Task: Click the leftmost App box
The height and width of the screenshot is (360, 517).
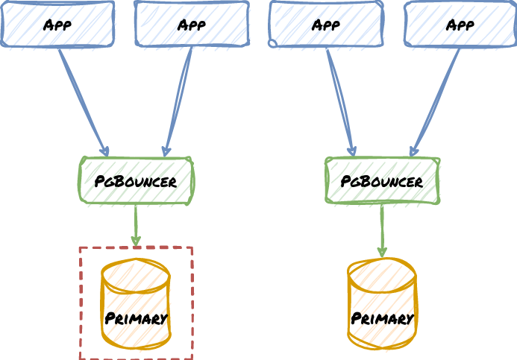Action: [22, 24]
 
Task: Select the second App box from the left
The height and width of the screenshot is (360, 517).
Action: [157, 24]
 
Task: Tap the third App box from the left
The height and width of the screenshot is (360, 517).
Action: [291, 24]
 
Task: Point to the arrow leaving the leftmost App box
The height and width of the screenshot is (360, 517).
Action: [83, 101]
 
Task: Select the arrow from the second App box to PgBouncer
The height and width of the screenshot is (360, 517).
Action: [178, 101]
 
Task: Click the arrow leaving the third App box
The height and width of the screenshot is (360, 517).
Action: [341, 101]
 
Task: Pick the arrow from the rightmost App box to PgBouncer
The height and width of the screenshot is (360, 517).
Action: [436, 101]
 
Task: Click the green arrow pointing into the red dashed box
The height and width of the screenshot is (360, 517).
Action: [136, 224]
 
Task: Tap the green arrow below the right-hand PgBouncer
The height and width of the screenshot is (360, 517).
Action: [382, 230]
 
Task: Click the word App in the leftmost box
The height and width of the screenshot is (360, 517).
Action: [57, 25]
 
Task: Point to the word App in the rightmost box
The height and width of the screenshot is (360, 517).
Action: [460, 25]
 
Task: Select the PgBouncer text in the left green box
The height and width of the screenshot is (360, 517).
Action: [136, 181]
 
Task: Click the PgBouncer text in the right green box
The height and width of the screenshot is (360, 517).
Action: [382, 181]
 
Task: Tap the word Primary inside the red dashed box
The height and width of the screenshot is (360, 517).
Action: [136, 318]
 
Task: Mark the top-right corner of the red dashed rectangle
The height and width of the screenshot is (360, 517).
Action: [192, 248]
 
